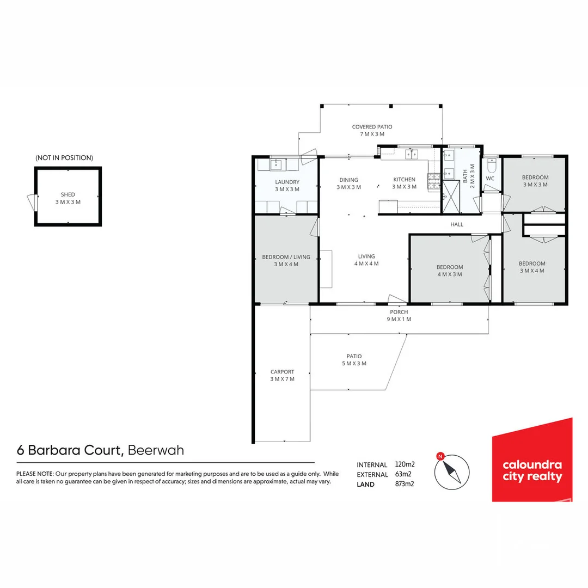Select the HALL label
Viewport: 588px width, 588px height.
click(457, 225)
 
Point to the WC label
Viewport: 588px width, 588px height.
click(490, 179)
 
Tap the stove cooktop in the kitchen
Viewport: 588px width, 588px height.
click(434, 181)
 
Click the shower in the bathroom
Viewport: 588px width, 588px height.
click(451, 197)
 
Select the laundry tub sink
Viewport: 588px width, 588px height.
click(277, 164)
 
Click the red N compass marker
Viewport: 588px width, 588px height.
click(440, 456)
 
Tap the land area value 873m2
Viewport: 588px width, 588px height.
click(405, 484)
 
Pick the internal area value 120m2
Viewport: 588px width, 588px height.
click(405, 464)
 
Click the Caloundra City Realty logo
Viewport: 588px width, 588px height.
click(532, 460)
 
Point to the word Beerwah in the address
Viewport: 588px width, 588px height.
click(156, 450)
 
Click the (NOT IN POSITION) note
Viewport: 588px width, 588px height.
click(64, 158)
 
